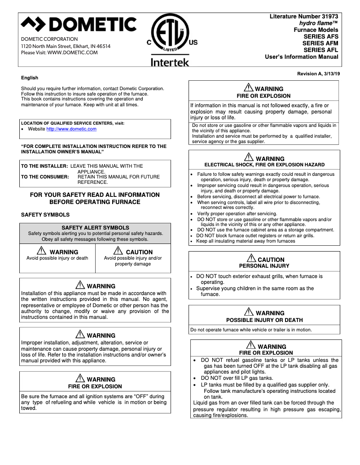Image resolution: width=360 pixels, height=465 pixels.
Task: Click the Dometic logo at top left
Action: [x=79, y=24]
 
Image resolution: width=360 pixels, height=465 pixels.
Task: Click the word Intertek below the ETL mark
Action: [x=170, y=62]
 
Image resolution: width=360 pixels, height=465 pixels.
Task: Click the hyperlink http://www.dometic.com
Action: [x=71, y=129]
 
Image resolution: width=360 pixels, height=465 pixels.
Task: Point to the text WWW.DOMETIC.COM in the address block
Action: [x=72, y=52]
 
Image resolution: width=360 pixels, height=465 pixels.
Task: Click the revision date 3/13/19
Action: [x=331, y=73]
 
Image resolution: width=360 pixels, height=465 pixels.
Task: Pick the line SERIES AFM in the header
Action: [x=320, y=43]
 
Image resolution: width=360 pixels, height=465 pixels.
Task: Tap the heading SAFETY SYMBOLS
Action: [x=45, y=215]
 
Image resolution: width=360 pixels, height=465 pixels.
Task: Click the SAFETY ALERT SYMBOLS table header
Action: [x=95, y=228]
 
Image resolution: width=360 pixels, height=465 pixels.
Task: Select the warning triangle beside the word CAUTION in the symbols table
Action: [x=119, y=251]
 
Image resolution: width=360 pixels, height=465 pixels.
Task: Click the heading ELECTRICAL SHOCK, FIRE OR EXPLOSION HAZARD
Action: [x=264, y=165]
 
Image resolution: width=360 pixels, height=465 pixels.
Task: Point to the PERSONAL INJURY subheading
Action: [x=264, y=266]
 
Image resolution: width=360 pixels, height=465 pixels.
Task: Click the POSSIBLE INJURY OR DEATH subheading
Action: [x=264, y=320]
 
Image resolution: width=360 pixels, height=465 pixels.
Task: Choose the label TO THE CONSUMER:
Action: [x=45, y=177]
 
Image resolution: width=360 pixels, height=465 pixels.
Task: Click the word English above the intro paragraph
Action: [x=30, y=78]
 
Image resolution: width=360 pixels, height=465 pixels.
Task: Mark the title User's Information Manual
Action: [x=301, y=57]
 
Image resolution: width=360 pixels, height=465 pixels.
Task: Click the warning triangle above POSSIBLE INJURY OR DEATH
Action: [x=249, y=312]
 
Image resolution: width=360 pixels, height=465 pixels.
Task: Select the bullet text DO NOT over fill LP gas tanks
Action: [x=237, y=378]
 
